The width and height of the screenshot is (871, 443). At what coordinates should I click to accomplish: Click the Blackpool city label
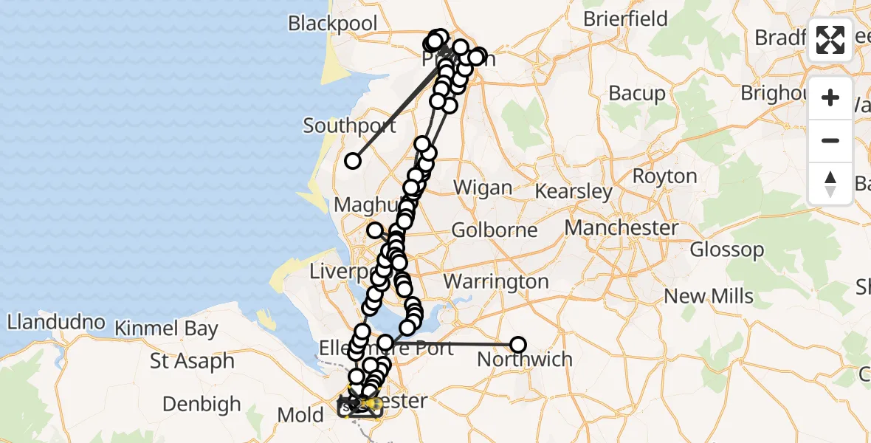(x=332, y=24)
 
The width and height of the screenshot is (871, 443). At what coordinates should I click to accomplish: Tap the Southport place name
(x=349, y=126)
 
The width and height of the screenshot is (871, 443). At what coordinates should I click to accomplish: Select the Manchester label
(x=622, y=227)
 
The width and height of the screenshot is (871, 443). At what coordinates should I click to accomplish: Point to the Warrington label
(x=496, y=281)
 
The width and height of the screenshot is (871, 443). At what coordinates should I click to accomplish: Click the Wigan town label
(x=483, y=188)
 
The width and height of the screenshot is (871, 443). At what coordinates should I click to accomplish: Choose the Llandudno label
(x=55, y=323)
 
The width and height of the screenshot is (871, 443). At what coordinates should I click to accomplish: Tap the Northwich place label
(x=525, y=360)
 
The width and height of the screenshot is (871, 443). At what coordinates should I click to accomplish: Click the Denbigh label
(x=202, y=404)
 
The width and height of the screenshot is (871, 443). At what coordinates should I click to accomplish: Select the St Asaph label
(x=192, y=362)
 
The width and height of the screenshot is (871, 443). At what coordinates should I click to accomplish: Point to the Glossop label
(x=727, y=250)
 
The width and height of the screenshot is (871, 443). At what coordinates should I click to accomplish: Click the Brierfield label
(x=625, y=18)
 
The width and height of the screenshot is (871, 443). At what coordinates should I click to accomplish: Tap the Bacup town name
(x=637, y=94)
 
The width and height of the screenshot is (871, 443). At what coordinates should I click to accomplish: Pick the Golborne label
(x=495, y=230)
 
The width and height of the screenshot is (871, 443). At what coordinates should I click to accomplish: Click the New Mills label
(x=709, y=297)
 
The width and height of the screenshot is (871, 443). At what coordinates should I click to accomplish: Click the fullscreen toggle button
(x=830, y=40)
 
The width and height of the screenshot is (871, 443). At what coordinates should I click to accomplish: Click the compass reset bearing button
(x=830, y=183)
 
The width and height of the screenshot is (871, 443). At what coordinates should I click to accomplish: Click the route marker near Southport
(x=353, y=161)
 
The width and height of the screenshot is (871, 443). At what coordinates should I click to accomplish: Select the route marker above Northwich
(x=518, y=344)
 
